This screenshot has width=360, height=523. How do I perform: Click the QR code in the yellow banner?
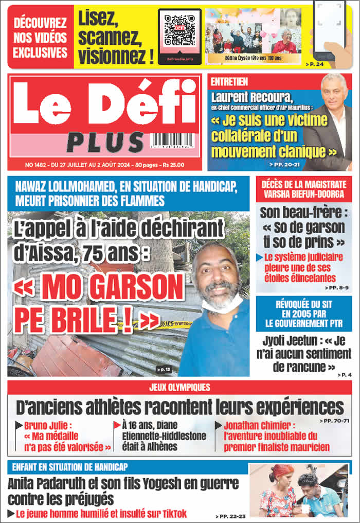pos(179,29)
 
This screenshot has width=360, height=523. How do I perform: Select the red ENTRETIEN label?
pos(230,82)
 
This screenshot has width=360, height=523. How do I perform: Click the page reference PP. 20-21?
pos(281,164)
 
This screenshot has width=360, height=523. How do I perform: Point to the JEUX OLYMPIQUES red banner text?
pos(179,388)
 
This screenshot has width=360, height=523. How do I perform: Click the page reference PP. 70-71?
pos(334,421)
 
